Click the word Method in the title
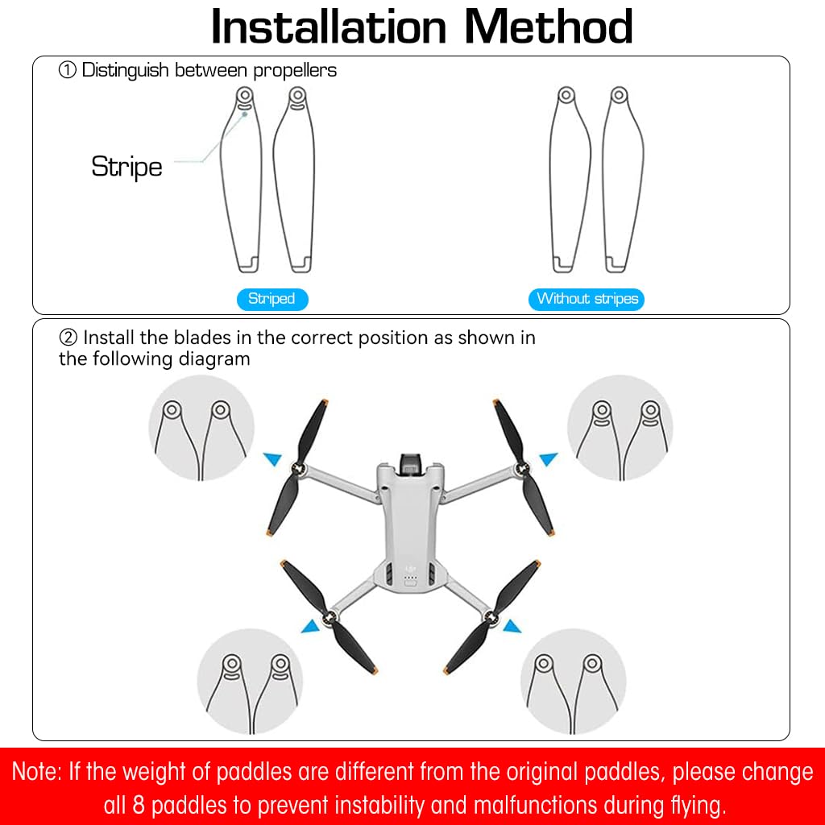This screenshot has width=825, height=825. (x=548, y=27)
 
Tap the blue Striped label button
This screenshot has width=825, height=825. (x=272, y=299)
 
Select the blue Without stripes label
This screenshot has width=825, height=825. (x=587, y=299)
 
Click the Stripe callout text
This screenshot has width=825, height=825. (x=126, y=167)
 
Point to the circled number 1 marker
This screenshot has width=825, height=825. (x=68, y=70)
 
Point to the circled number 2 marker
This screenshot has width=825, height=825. (x=68, y=338)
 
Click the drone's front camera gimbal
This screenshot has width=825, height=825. (x=411, y=465)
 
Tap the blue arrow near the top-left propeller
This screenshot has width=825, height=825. (x=274, y=459)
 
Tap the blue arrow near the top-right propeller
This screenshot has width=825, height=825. (x=549, y=459)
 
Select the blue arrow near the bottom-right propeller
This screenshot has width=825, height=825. (x=511, y=625)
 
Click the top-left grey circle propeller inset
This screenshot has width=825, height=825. (x=201, y=428)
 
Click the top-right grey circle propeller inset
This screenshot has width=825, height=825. (x=620, y=428)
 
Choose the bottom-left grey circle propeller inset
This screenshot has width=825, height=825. (x=251, y=682)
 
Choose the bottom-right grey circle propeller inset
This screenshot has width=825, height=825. (x=573, y=682)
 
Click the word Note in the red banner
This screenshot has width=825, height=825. (x=36, y=773)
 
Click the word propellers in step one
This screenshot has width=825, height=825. (x=295, y=70)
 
